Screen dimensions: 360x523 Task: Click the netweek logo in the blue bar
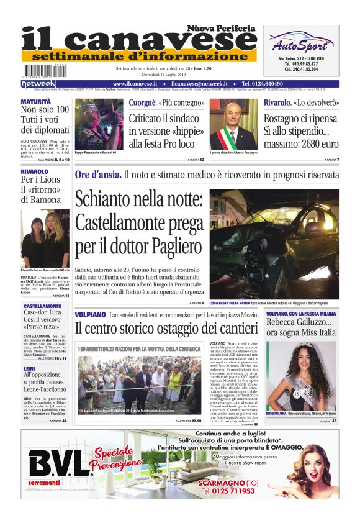tap(38, 83)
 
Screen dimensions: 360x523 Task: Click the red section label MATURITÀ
tap(36, 101)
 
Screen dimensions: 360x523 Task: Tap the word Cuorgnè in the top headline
tap(142, 102)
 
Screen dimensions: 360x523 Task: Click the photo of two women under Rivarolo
tap(45, 237)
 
